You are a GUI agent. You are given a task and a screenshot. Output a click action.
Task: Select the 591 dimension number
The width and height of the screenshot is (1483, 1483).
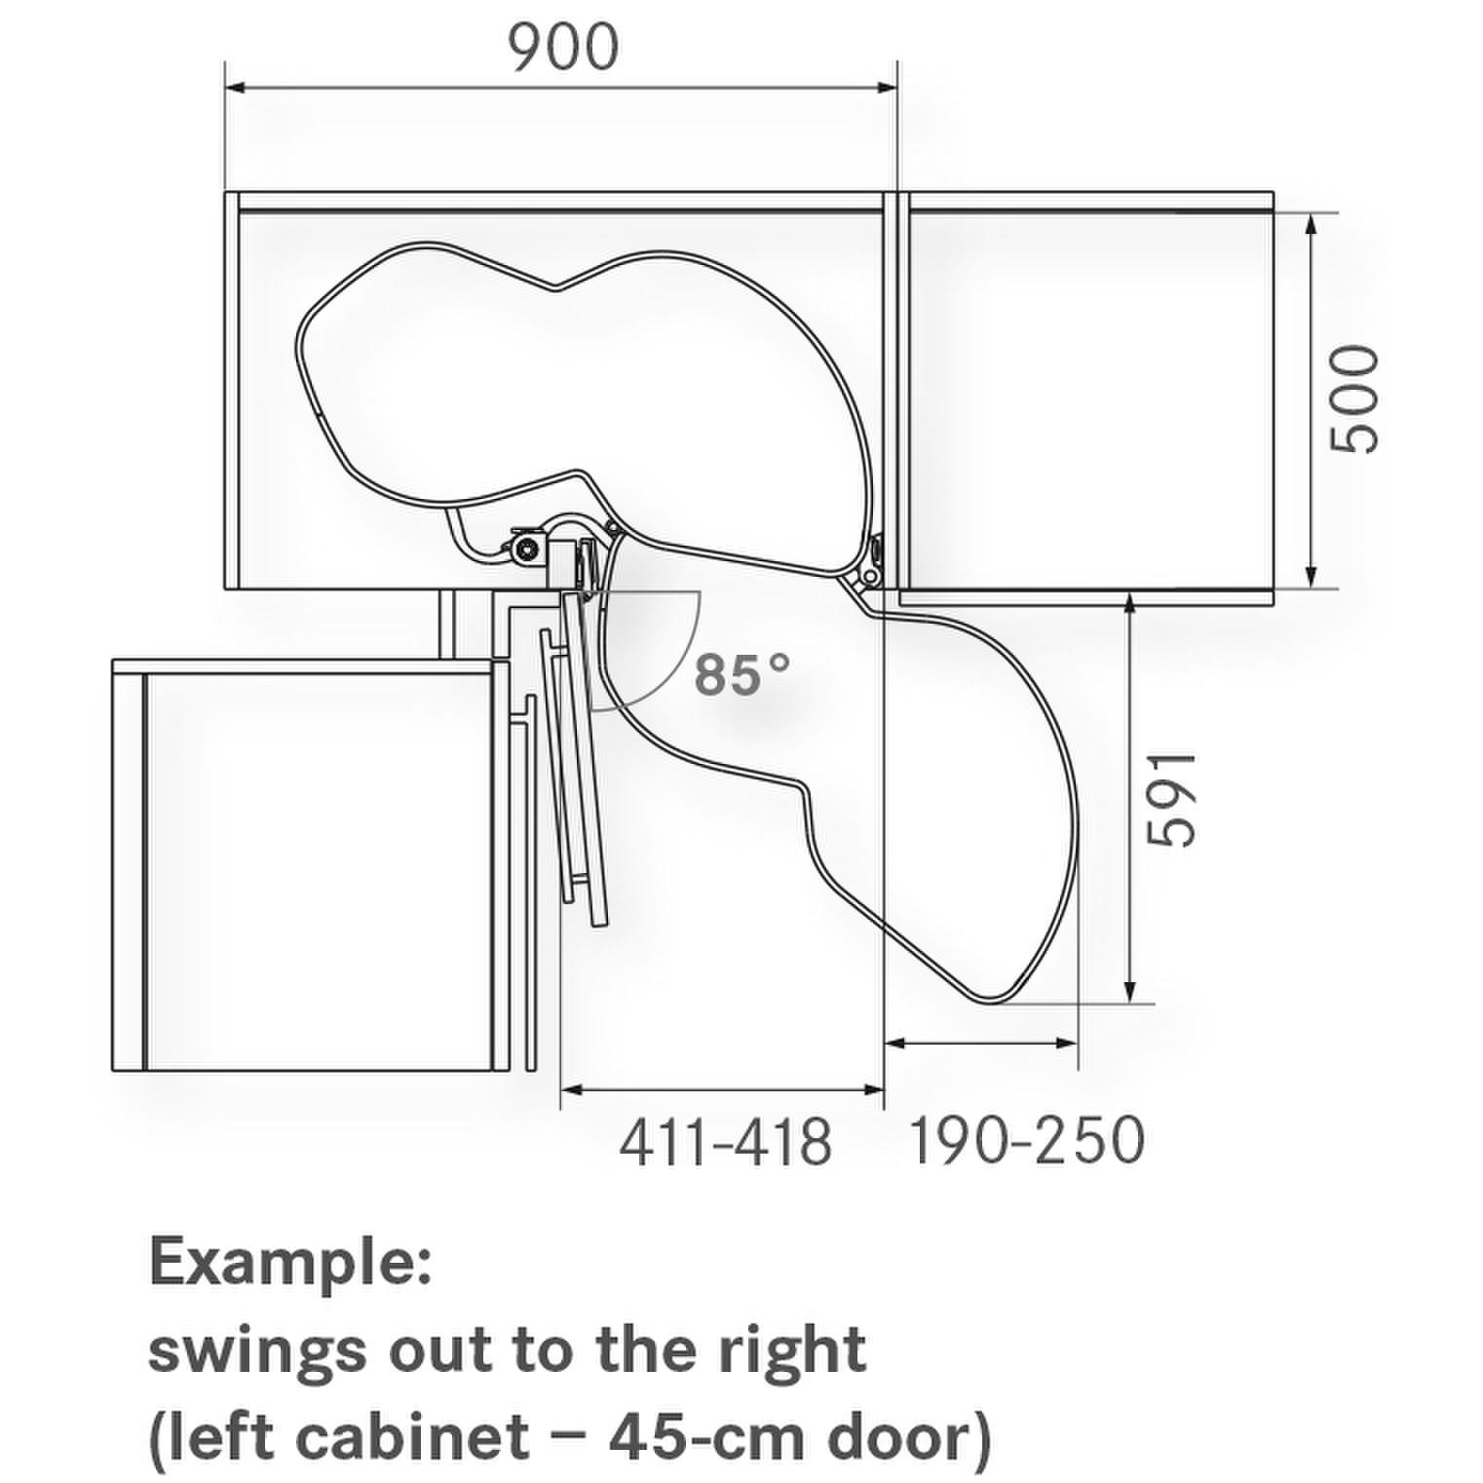pos(1169,799)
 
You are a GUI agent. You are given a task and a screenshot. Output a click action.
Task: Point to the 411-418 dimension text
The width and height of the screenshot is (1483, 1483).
pos(726,1141)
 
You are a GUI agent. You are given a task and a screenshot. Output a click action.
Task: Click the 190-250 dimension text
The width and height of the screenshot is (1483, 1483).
pos(1026,1140)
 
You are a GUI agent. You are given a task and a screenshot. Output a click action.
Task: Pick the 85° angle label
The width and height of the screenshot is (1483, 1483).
pos(741,673)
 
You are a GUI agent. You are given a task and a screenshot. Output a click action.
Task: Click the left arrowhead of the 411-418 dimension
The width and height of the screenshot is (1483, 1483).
pos(573,1088)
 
